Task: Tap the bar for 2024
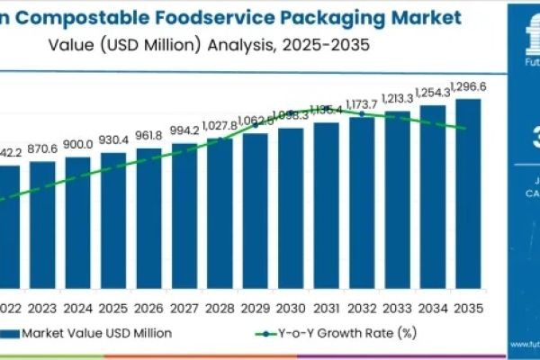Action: (x=78, y=225)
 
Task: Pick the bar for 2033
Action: (x=397, y=203)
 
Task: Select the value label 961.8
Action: (x=149, y=138)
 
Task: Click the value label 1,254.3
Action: (x=433, y=94)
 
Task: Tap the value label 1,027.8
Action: (x=220, y=125)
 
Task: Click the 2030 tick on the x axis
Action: (x=291, y=307)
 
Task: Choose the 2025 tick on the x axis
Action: (x=113, y=307)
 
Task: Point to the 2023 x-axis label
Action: (x=42, y=307)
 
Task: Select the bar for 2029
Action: (x=256, y=212)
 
